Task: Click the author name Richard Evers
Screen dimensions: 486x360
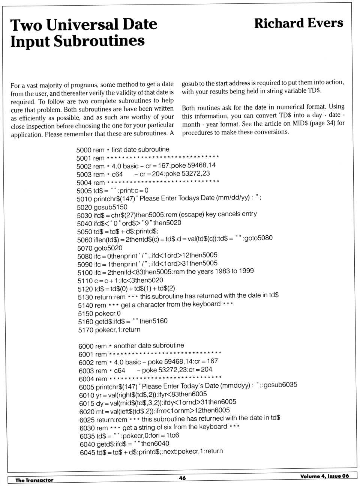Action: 298,23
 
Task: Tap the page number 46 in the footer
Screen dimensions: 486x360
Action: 182,478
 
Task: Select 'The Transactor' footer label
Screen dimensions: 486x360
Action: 34,480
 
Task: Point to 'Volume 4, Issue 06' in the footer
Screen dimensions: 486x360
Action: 324,476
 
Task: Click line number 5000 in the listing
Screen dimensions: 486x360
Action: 84,150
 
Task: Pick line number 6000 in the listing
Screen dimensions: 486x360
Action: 86,346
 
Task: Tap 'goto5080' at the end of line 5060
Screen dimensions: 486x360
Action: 259,238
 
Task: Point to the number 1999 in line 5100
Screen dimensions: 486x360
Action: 246,271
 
